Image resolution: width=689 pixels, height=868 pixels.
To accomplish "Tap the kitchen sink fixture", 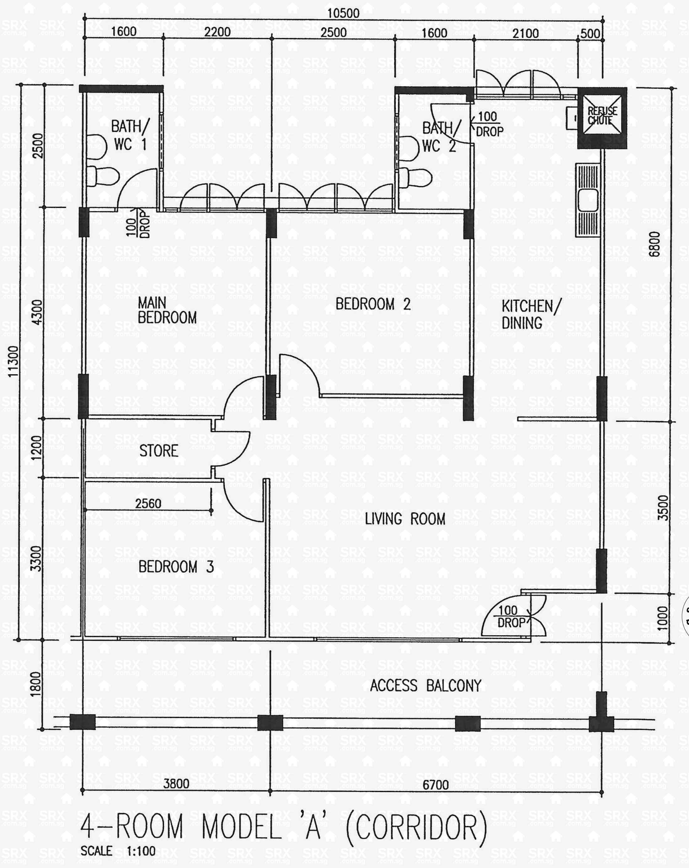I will (588, 200).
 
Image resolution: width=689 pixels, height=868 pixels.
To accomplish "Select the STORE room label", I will (159, 450).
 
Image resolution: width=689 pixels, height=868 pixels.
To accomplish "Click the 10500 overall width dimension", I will (343, 13).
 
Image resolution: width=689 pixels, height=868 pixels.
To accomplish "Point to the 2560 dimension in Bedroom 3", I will (148, 503).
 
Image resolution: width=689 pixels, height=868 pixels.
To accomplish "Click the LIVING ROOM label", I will (405, 519).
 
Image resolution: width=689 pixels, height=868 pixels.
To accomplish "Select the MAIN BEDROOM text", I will (167, 310).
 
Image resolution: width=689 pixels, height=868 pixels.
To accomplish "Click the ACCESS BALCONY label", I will (425, 685).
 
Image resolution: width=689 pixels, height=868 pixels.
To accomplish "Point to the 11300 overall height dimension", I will (13, 361).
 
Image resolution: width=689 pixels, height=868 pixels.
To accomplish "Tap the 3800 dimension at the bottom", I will (176, 783).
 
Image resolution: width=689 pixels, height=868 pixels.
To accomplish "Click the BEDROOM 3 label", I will (176, 567).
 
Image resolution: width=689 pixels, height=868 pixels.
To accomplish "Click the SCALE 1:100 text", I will (118, 851).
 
